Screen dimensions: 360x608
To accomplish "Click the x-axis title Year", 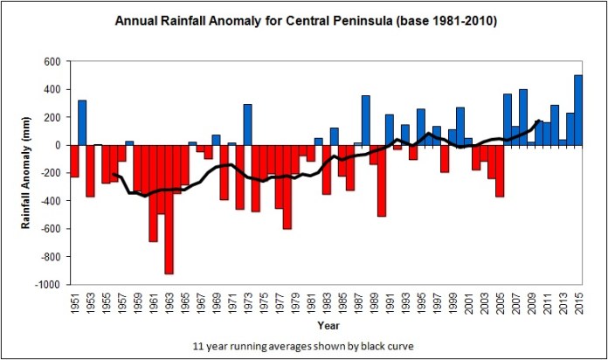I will [328, 326].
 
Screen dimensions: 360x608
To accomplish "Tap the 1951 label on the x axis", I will [73, 306].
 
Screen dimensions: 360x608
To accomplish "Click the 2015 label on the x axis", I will [578, 306].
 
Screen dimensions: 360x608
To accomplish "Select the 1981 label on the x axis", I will [310, 306].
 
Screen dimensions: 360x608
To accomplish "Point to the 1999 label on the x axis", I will [453, 306].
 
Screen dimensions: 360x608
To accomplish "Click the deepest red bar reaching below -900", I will [169, 210].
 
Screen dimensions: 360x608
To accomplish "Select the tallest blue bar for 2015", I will [578, 110].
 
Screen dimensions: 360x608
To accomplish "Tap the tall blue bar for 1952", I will [82, 122].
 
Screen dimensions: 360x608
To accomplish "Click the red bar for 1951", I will [74, 161].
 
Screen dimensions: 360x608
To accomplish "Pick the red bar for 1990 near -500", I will [382, 180].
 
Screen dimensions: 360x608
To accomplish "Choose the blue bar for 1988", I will [366, 120].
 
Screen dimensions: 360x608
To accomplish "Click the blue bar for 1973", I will [247, 124].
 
